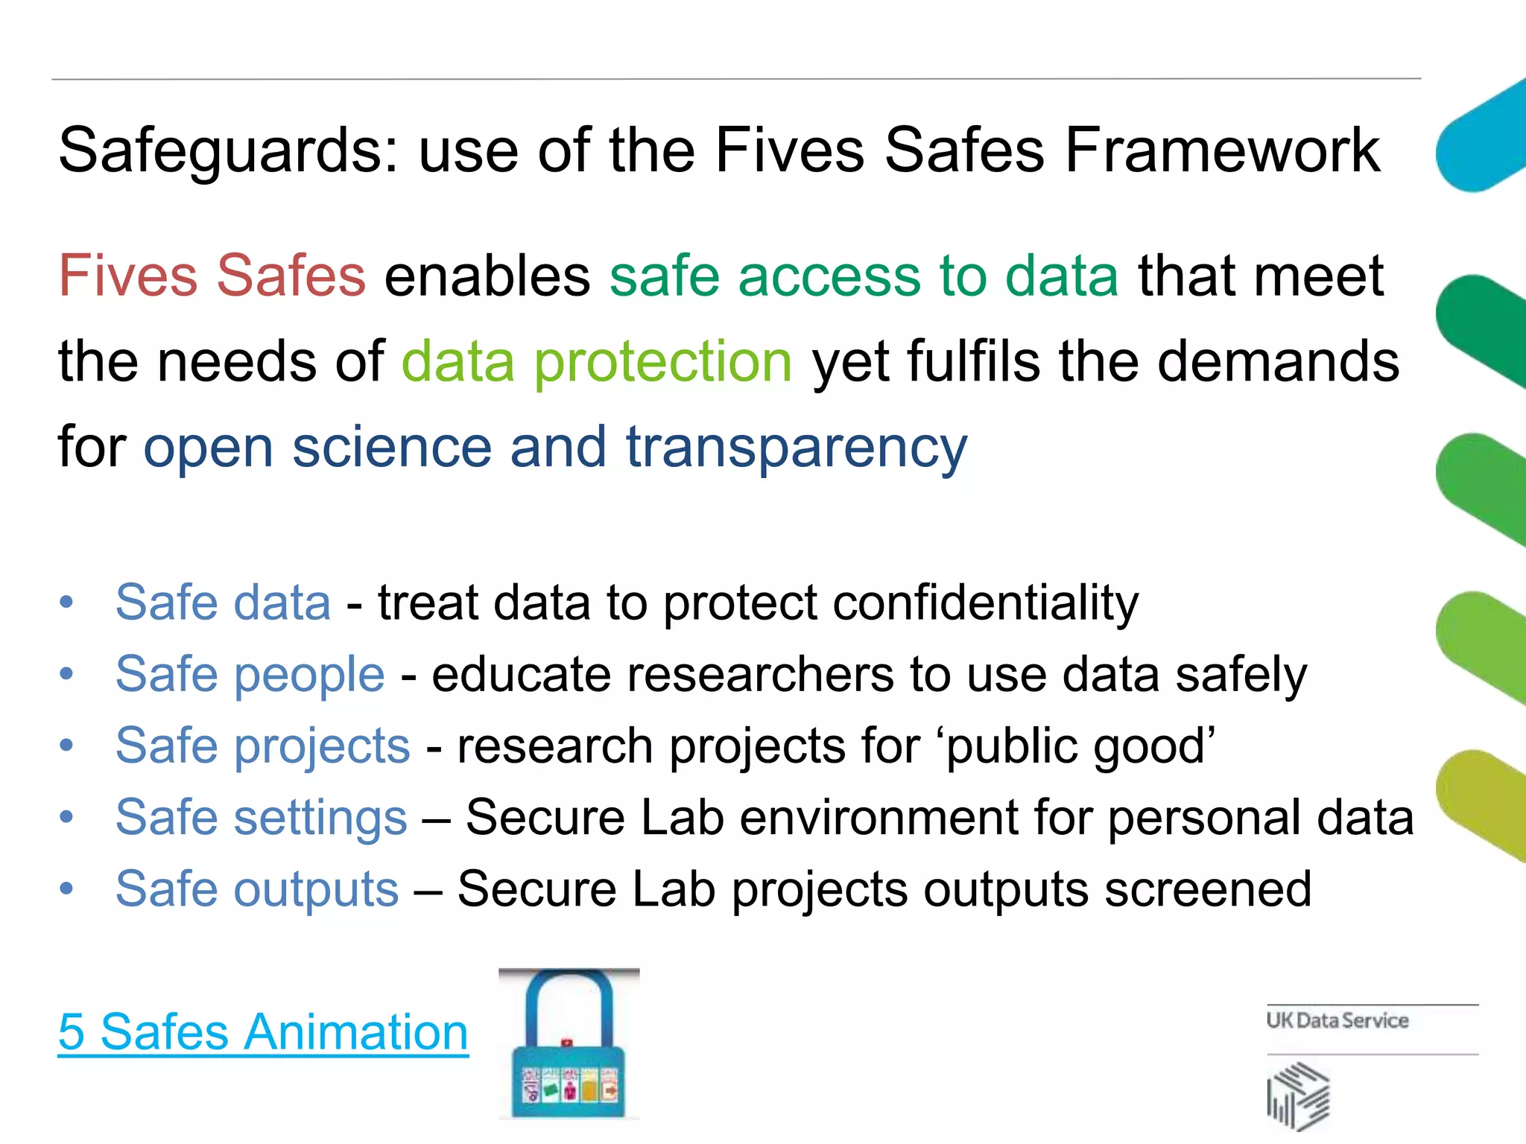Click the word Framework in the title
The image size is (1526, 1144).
tap(1222, 150)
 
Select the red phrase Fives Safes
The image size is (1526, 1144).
tap(212, 276)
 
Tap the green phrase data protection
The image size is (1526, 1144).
tap(596, 362)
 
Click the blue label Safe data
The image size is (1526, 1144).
tap(223, 602)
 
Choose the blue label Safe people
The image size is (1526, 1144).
tap(250, 674)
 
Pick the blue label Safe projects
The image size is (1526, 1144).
tap(262, 746)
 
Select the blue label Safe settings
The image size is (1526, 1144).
tap(261, 817)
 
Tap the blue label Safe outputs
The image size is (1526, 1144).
tap(257, 889)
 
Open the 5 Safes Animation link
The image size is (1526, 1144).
tap(263, 1032)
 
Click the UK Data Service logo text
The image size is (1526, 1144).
tap(1337, 1020)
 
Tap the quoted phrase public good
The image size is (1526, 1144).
tap(1080, 746)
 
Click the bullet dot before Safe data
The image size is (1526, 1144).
tap(67, 602)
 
